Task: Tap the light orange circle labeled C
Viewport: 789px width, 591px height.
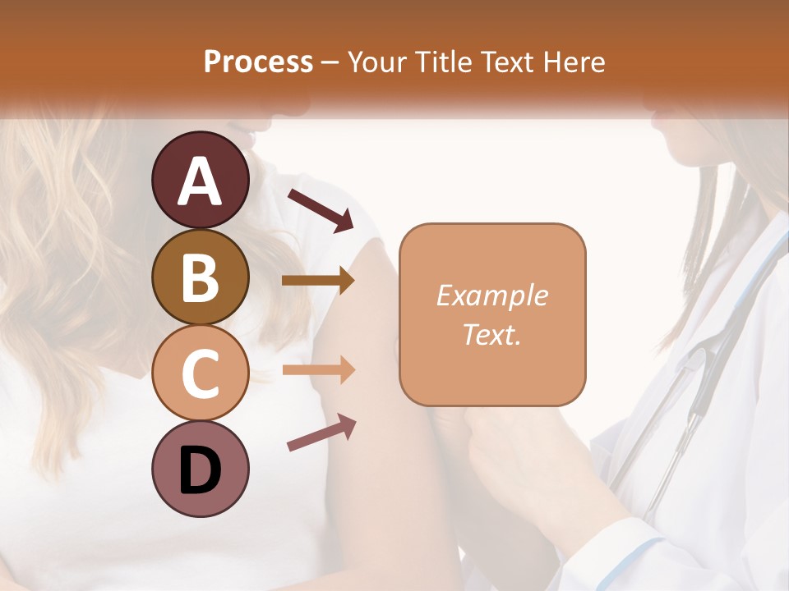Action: (x=200, y=373)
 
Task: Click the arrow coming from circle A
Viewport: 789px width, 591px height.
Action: (x=321, y=210)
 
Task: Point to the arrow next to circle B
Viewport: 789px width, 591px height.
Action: (x=318, y=281)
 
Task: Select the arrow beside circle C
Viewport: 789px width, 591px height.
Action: (x=318, y=370)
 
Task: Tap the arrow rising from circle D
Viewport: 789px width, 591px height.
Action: (x=321, y=432)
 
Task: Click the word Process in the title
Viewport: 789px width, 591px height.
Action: (x=258, y=62)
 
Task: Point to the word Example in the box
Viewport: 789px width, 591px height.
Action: (x=492, y=295)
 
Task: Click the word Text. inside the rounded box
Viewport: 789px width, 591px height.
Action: (x=492, y=334)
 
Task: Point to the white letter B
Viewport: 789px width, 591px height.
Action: (x=200, y=277)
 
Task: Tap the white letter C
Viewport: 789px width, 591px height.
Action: (x=200, y=374)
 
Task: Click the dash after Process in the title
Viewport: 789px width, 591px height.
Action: (x=330, y=63)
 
